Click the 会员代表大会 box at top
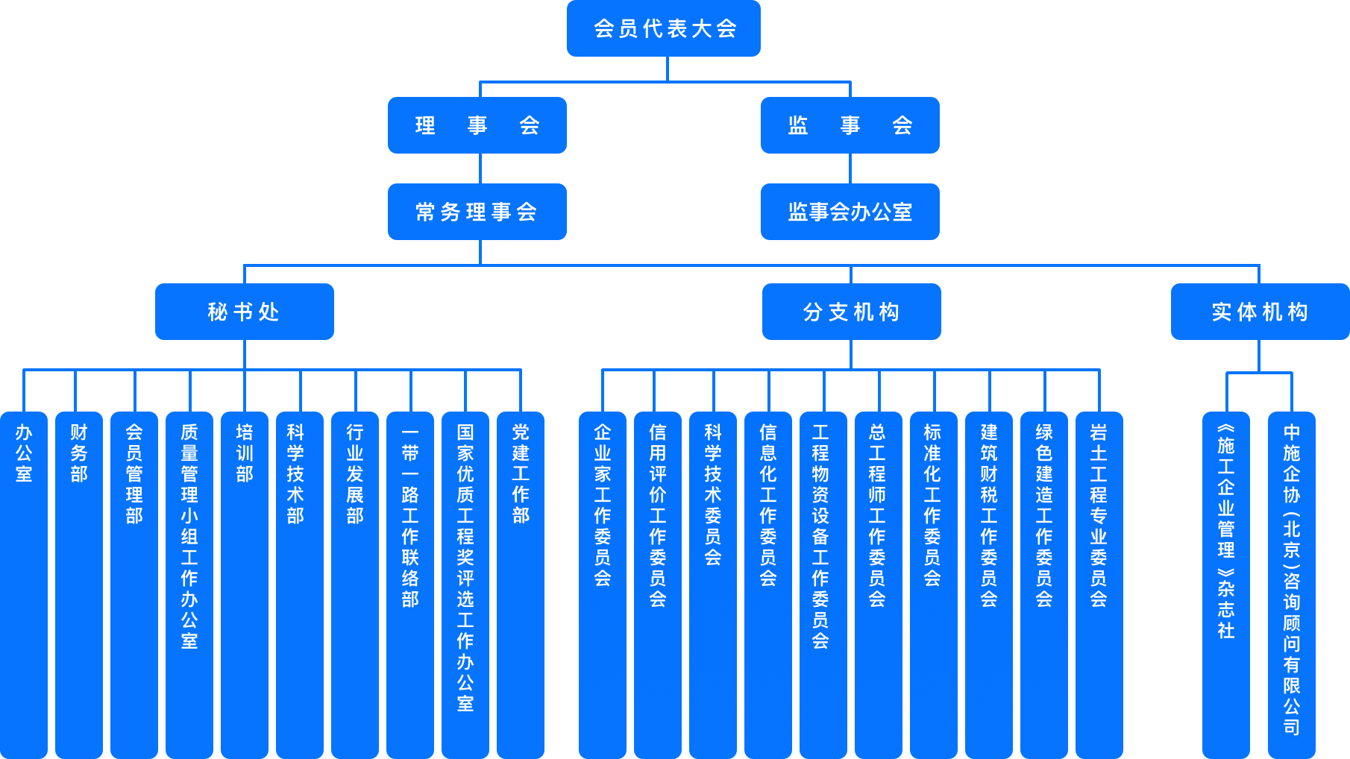click(x=663, y=28)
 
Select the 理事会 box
click(x=477, y=125)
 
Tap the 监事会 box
click(x=850, y=125)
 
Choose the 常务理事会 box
click(x=477, y=212)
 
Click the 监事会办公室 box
click(x=850, y=212)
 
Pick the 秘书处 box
click(x=244, y=312)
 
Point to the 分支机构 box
click(x=851, y=312)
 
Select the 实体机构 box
click(x=1260, y=312)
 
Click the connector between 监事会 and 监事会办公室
click(x=850, y=169)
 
